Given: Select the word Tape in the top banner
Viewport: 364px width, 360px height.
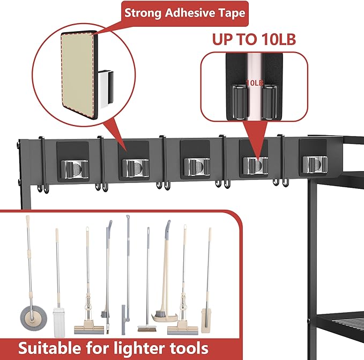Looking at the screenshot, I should click(231, 13).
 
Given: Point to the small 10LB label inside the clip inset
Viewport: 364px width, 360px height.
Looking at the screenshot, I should click(254, 83).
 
